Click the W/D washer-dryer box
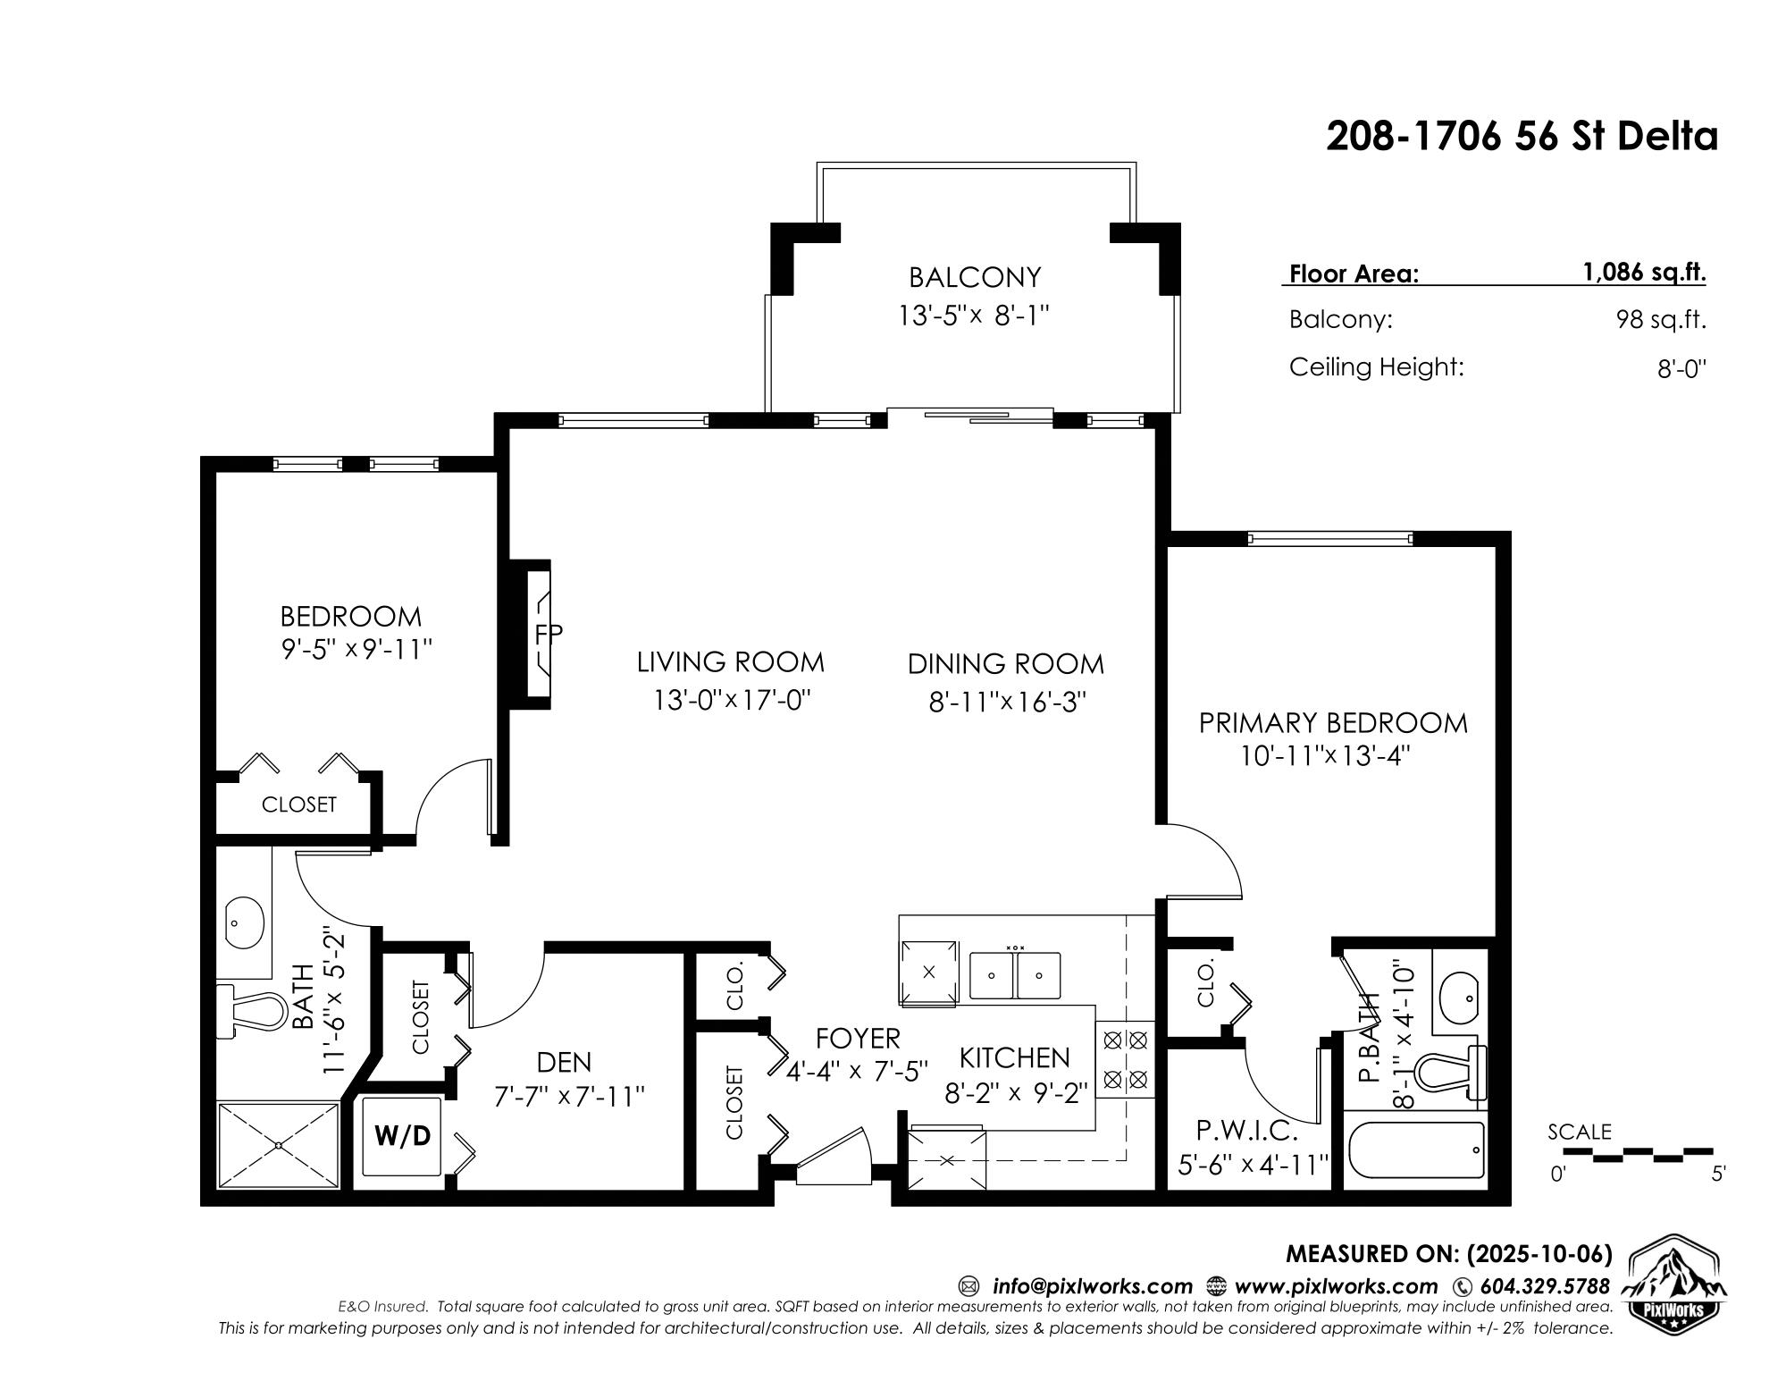[x=401, y=1135]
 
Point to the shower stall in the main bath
[x=280, y=1145]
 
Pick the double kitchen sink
[x=1015, y=974]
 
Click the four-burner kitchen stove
[x=1125, y=1061]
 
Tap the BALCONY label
[x=975, y=277]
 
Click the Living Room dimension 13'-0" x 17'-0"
[x=731, y=699]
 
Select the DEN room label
[x=564, y=1062]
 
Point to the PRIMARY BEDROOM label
[x=1333, y=722]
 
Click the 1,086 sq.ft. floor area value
[x=1644, y=273]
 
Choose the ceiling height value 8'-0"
[x=1681, y=369]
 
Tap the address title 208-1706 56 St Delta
[x=1522, y=137]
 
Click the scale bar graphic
[x=1638, y=1154]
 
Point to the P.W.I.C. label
[x=1246, y=1132]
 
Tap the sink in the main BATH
[x=243, y=922]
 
